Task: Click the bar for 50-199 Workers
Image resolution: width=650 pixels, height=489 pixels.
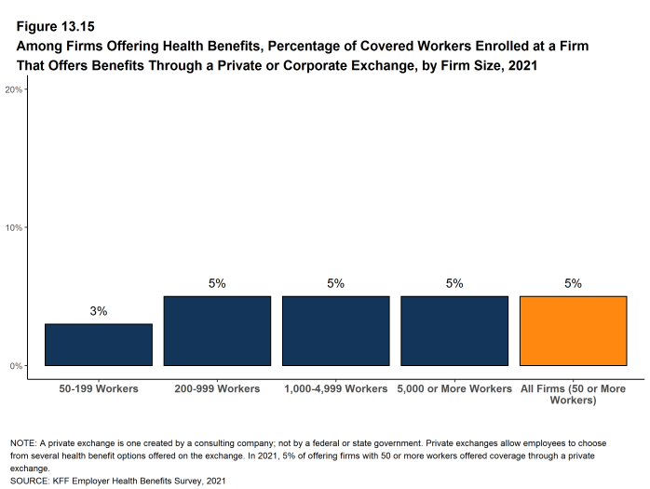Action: click(99, 345)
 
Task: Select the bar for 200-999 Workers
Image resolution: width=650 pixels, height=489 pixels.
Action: click(217, 331)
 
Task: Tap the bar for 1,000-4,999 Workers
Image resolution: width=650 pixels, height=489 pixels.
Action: click(336, 331)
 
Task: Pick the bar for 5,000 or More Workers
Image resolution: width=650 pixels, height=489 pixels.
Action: click(454, 331)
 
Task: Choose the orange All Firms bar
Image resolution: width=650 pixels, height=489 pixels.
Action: click(574, 331)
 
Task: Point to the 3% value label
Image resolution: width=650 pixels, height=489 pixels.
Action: click(99, 311)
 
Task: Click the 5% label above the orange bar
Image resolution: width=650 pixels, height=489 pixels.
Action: click(574, 283)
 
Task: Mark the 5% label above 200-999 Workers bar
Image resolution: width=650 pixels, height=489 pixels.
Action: click(217, 283)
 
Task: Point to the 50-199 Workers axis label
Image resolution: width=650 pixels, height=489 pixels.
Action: click(99, 388)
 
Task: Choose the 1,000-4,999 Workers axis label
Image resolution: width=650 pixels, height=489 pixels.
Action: click(336, 388)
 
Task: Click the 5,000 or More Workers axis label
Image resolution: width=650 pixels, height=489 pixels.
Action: click(454, 388)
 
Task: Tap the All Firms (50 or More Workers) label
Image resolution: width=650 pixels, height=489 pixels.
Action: click(574, 394)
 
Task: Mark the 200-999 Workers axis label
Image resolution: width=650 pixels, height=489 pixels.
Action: click(217, 388)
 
